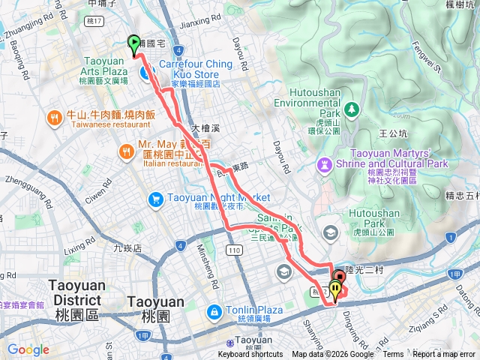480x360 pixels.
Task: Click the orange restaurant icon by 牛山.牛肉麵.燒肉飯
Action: pos(55,118)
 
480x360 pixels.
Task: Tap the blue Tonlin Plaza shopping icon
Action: pos(214,310)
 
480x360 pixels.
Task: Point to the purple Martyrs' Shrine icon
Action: pos(324,163)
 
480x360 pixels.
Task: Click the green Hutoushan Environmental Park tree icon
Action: pos(352,110)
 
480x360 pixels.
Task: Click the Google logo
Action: pos(28,349)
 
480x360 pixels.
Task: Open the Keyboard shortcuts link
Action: pos(250,355)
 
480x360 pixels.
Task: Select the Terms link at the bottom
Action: pos(392,355)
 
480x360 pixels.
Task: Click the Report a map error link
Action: pos(445,355)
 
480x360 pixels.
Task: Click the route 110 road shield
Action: pos(236,249)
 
